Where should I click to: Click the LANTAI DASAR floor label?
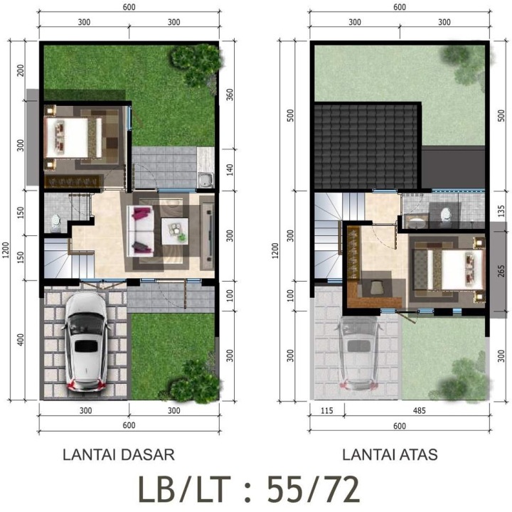point(119,454)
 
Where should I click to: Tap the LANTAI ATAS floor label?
point(390,454)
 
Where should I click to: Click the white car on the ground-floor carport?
point(86,341)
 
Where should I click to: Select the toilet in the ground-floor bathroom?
point(56,222)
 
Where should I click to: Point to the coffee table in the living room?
point(175,231)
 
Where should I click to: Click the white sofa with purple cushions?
point(142,231)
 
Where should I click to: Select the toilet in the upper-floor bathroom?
point(446,215)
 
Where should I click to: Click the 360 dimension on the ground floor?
point(230,95)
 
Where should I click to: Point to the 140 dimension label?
point(230,170)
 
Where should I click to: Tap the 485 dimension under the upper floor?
point(420,410)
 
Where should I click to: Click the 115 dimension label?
point(327,410)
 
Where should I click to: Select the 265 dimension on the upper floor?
point(501,271)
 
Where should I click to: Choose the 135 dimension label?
point(501,211)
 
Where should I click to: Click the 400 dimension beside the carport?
point(20,340)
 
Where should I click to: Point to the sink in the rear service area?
point(206,180)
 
